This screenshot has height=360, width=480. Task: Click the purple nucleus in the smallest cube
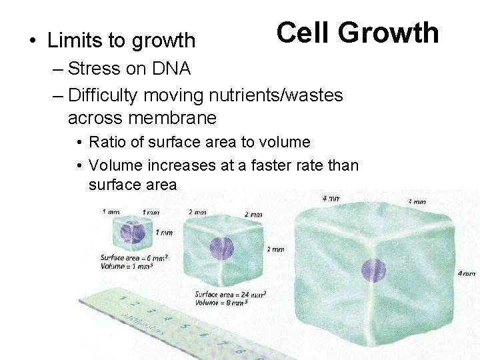click(131, 231)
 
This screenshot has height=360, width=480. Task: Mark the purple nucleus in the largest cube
click(369, 271)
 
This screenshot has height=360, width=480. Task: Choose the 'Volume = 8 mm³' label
click(221, 301)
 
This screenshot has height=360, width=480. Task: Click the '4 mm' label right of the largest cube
click(467, 273)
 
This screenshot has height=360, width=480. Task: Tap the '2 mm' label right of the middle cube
click(275, 249)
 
